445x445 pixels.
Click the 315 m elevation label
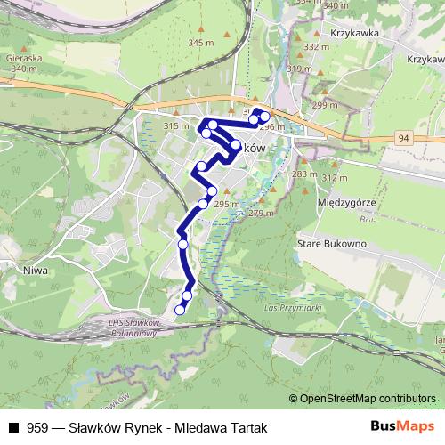pos(178,127)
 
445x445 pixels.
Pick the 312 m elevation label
pos(334,178)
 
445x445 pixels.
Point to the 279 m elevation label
pos(261,213)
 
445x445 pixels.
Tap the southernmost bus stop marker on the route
pos(180,310)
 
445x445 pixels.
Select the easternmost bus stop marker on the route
pos(264,117)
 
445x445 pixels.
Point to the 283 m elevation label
pos(303,174)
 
